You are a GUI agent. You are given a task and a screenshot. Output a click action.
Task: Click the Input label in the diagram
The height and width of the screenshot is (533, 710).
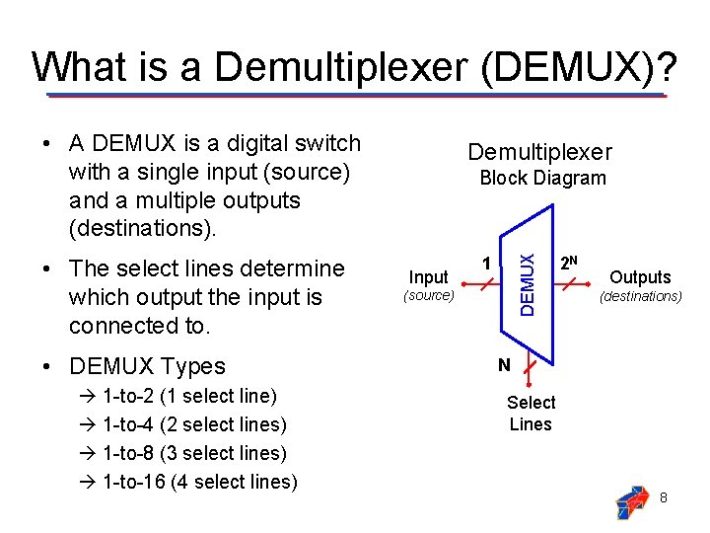pyautogui.click(x=428, y=277)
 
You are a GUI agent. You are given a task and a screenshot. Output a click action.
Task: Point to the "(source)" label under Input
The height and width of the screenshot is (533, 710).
pyautogui.click(x=428, y=295)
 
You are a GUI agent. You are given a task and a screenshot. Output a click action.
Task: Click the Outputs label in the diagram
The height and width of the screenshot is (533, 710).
pyautogui.click(x=640, y=277)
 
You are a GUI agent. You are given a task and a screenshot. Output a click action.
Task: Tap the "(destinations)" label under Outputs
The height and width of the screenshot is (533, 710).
pyautogui.click(x=641, y=295)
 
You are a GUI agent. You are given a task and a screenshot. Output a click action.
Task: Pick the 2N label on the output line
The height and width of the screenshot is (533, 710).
pyautogui.click(x=568, y=263)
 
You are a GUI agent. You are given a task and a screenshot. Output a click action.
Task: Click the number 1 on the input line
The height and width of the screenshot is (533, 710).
pyautogui.click(x=485, y=263)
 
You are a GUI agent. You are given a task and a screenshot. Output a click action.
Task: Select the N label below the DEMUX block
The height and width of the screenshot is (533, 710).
pyautogui.click(x=504, y=365)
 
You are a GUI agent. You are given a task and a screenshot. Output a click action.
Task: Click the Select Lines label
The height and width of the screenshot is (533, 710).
pyautogui.click(x=531, y=414)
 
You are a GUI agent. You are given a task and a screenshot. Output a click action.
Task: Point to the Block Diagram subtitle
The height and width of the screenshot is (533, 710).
pyautogui.click(x=542, y=178)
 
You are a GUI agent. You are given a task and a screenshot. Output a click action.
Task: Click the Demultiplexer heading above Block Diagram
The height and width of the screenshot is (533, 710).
pyautogui.click(x=539, y=152)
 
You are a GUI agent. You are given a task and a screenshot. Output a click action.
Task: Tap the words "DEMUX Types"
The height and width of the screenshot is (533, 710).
pyautogui.click(x=147, y=366)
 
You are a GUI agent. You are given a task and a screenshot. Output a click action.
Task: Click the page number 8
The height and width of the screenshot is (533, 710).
pyautogui.click(x=664, y=497)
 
